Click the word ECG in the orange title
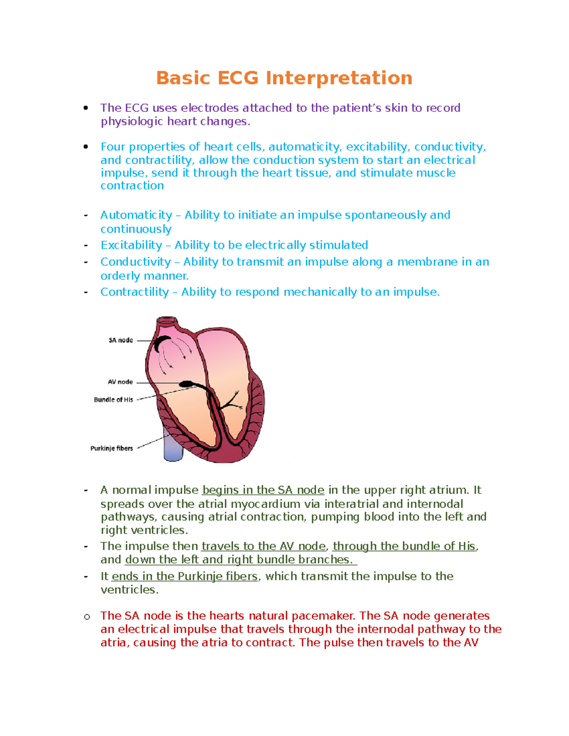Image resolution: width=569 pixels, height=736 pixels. (x=238, y=78)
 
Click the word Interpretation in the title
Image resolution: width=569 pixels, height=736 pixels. (x=339, y=78)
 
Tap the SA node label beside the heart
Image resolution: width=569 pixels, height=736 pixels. (x=120, y=340)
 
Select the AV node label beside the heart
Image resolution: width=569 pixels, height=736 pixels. (x=120, y=382)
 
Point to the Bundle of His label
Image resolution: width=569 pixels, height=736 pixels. (x=113, y=400)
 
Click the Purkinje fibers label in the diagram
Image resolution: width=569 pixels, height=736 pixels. (x=111, y=448)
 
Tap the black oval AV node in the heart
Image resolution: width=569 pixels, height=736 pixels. (x=185, y=383)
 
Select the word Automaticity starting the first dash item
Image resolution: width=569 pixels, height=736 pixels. (x=136, y=215)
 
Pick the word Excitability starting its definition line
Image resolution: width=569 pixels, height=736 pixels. (x=131, y=245)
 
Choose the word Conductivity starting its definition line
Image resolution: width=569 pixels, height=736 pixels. (x=136, y=262)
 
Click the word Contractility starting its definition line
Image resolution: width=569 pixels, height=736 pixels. (x=135, y=292)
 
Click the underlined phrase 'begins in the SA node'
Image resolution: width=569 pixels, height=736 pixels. (x=264, y=490)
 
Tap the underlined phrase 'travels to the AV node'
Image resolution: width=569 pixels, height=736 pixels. (x=264, y=546)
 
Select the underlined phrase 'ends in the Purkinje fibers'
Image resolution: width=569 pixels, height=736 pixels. (x=185, y=577)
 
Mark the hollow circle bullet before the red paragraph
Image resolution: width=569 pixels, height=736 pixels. (x=87, y=617)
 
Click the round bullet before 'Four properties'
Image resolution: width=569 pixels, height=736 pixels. (x=86, y=147)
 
